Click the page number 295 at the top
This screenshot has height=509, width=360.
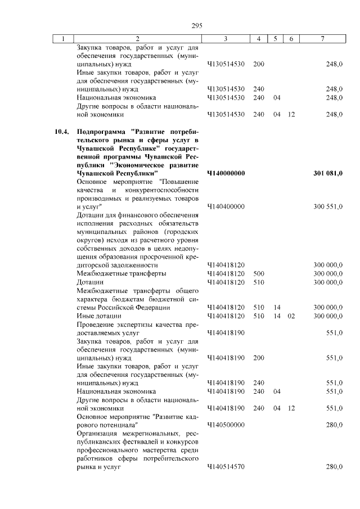pyautogui.click(x=196, y=26)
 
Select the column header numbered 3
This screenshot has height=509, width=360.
pyautogui.click(x=225, y=39)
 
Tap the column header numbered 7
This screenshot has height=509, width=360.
pyautogui.click(x=322, y=39)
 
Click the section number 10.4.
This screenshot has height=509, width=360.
pyautogui.click(x=61, y=132)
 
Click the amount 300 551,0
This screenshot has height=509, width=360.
pyautogui.click(x=328, y=207)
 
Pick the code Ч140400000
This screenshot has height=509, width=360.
pyautogui.click(x=226, y=207)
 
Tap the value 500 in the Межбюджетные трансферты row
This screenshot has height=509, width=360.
pyautogui.click(x=259, y=273)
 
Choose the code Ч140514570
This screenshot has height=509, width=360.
pyautogui.click(x=226, y=467)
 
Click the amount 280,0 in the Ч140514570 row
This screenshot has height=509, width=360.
pyautogui.click(x=334, y=467)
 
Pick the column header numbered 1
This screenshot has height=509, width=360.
pyautogui.click(x=64, y=39)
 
